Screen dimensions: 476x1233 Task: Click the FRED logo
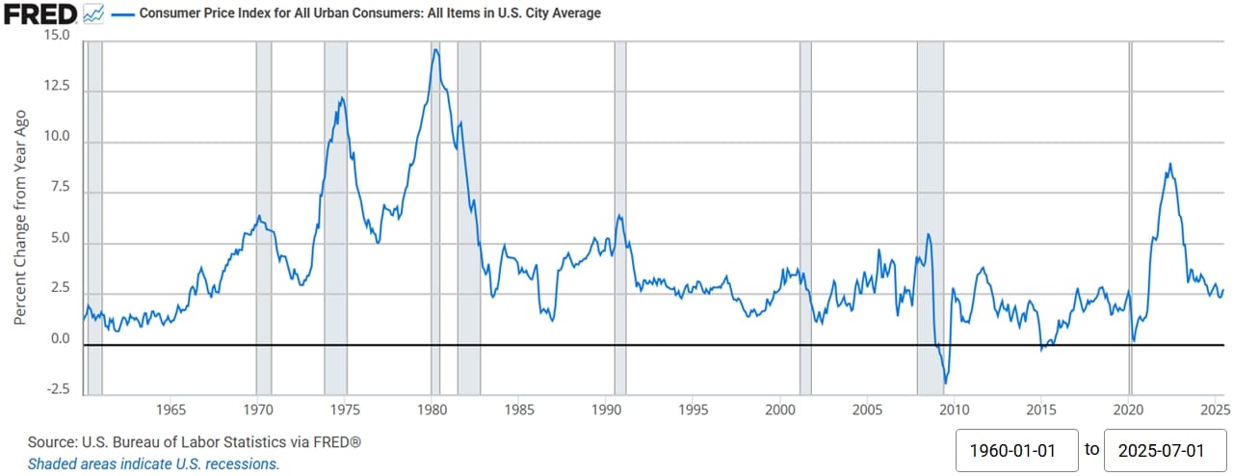pos(40,13)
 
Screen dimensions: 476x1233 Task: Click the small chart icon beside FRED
pos(93,14)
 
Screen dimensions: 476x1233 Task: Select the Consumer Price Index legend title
pos(370,13)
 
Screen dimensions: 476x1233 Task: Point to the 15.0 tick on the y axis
pos(57,36)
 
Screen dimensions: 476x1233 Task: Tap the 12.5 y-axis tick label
pos(57,86)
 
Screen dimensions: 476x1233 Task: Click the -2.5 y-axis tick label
pos(57,389)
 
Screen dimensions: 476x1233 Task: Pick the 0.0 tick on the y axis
pos(60,339)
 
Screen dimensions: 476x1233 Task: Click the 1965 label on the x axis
pos(171,408)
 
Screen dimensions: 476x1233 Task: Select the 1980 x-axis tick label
pos(432,408)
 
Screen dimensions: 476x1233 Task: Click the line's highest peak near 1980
pos(435,50)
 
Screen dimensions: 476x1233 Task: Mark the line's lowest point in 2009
pos(946,383)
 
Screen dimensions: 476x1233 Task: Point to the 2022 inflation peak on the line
pos(1169,164)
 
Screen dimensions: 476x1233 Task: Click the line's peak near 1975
pos(341,97)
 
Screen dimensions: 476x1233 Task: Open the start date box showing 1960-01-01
pos(1016,449)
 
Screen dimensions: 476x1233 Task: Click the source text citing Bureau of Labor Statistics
pos(195,441)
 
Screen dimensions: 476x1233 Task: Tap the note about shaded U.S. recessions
pos(153,463)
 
